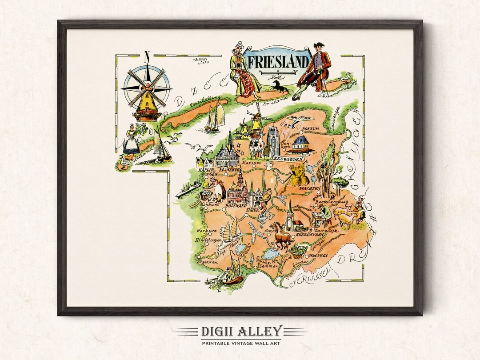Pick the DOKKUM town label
pos(311,130)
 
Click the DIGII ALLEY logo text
pos(240,331)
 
